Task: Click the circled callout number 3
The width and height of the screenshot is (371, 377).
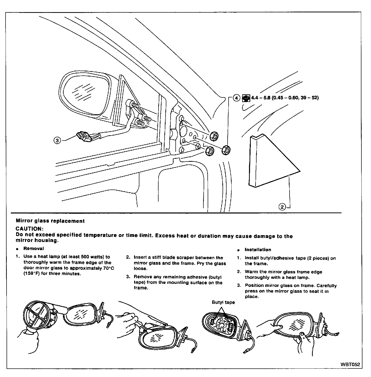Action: (x=57, y=140)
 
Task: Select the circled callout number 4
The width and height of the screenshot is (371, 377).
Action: (x=236, y=98)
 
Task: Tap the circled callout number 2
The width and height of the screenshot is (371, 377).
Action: (x=282, y=207)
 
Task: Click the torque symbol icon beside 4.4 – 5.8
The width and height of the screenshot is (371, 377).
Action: (x=246, y=98)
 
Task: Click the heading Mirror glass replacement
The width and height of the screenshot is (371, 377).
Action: (x=50, y=221)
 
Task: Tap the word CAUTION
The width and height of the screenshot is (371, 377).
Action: (x=29, y=229)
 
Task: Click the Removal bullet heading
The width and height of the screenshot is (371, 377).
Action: (x=34, y=249)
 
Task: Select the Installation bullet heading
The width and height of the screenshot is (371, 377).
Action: (x=258, y=250)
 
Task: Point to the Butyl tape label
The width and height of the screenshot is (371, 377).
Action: (x=223, y=302)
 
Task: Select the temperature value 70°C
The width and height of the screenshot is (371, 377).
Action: (x=108, y=268)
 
